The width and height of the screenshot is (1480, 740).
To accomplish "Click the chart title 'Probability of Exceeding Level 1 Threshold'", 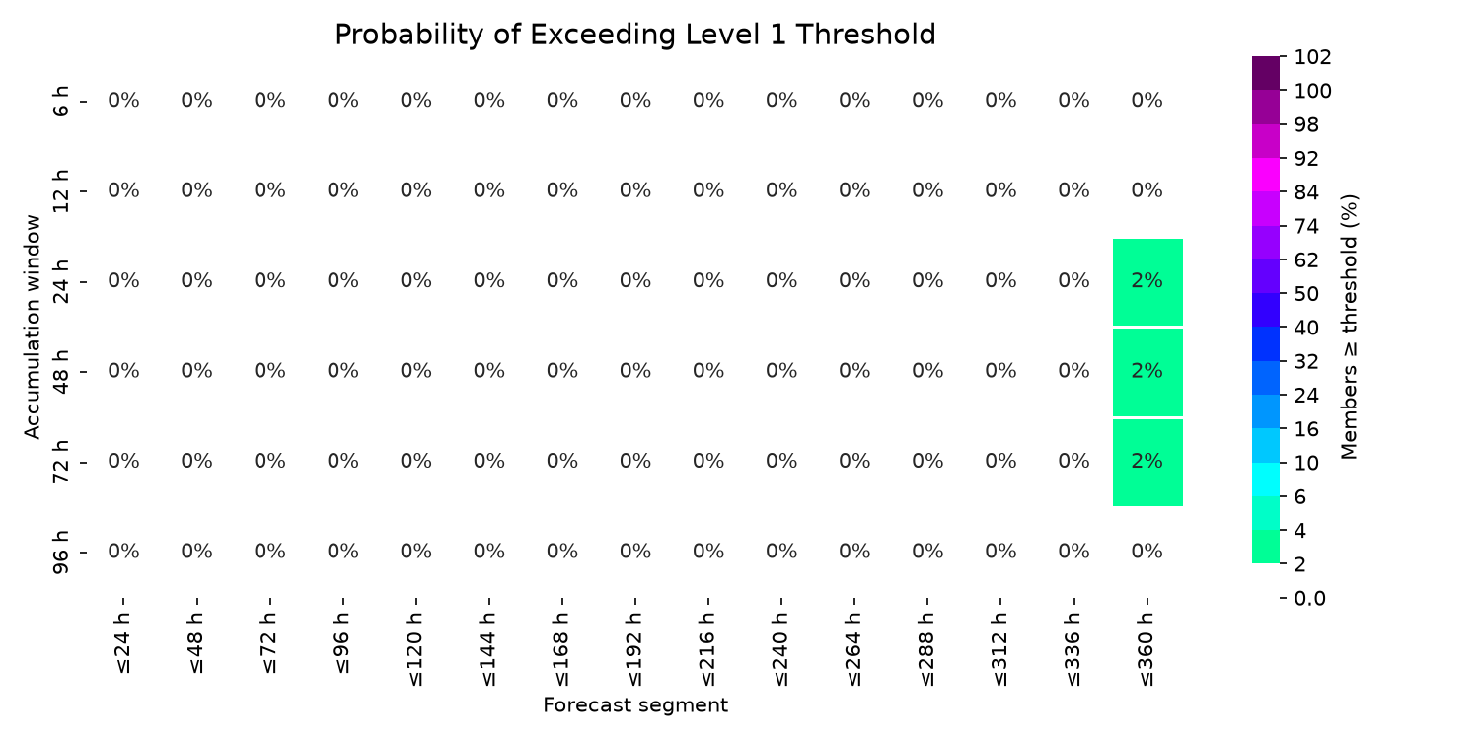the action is [635, 35].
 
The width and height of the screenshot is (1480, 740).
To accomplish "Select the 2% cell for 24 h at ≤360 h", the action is [1147, 282].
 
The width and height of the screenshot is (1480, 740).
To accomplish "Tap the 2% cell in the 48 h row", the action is [1147, 372].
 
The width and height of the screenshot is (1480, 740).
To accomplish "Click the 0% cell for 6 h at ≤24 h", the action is [123, 101].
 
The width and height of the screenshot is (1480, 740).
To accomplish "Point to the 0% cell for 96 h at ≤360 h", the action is [1147, 551].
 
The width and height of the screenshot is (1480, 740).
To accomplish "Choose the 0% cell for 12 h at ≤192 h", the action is [635, 191].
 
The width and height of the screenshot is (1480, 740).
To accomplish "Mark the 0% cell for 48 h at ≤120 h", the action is [415, 371].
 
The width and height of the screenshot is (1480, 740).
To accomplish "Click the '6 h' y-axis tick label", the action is [60, 101].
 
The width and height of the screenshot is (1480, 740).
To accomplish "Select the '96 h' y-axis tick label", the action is [60, 553].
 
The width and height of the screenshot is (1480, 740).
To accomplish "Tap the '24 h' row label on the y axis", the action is [60, 281].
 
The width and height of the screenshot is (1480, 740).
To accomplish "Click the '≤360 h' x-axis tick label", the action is [1147, 649].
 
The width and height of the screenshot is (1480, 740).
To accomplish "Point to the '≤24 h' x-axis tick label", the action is [123, 643].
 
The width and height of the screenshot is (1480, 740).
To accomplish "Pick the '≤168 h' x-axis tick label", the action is [561, 649].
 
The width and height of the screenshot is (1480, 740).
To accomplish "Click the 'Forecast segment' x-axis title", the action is [635, 705].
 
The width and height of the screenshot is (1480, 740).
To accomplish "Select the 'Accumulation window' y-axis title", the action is [33, 327].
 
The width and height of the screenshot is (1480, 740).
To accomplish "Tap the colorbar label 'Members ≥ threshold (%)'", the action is [1349, 327].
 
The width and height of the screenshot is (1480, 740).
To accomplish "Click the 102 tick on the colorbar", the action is [1312, 57].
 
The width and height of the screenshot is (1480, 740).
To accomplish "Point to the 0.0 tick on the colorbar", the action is [1309, 599].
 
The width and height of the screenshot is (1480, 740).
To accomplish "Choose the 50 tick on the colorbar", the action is [1306, 294].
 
